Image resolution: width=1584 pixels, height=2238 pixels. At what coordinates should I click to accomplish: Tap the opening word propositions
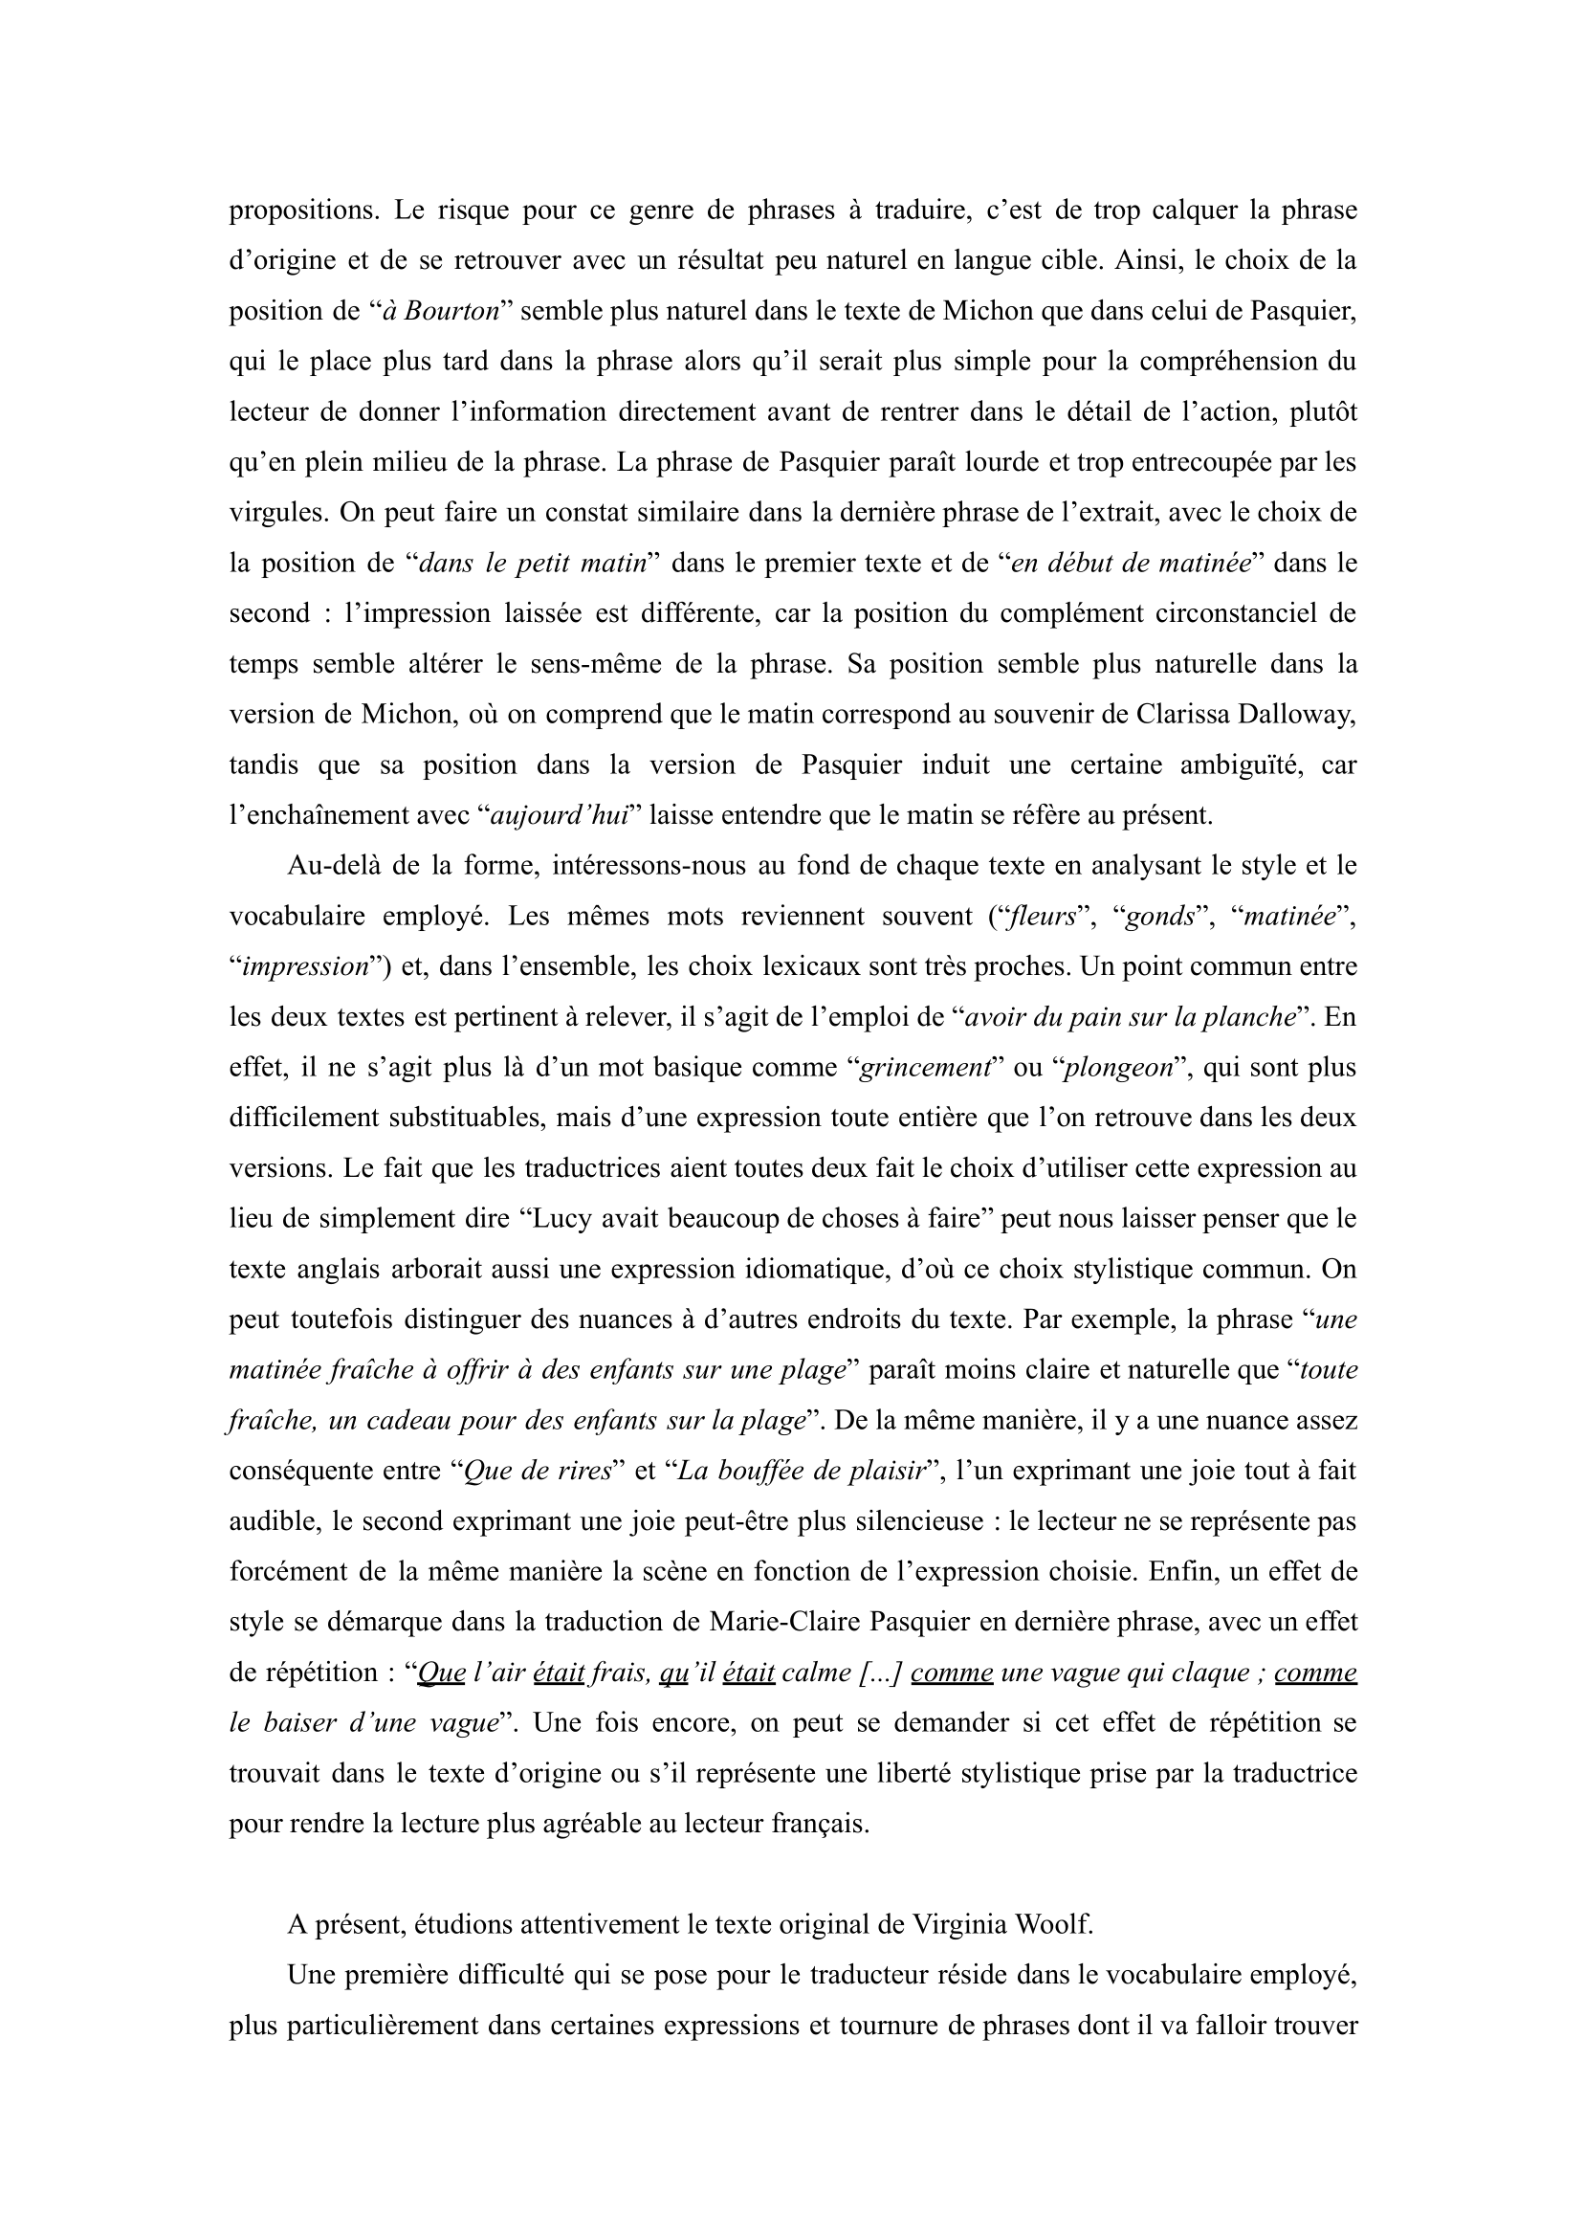pyautogui.click(x=297, y=211)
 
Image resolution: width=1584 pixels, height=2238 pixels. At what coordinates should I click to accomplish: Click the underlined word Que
pyautogui.click(x=441, y=1673)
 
